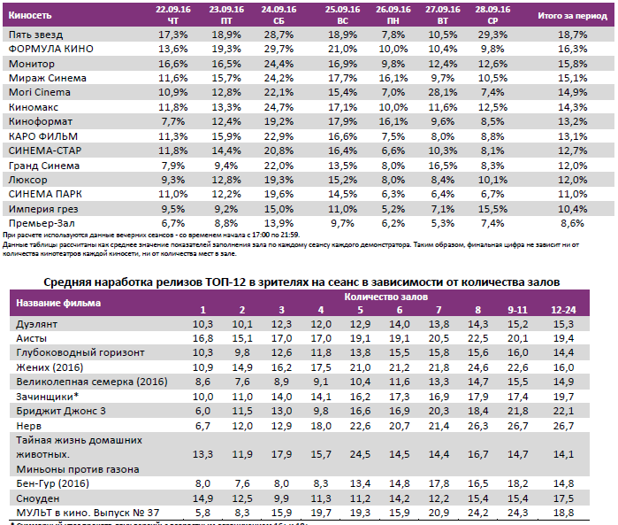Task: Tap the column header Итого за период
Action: point(572,15)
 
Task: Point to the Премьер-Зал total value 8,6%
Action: point(572,223)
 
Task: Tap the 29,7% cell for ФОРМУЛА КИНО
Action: point(279,49)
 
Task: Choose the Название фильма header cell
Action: point(54,303)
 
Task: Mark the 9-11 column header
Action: point(517,310)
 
